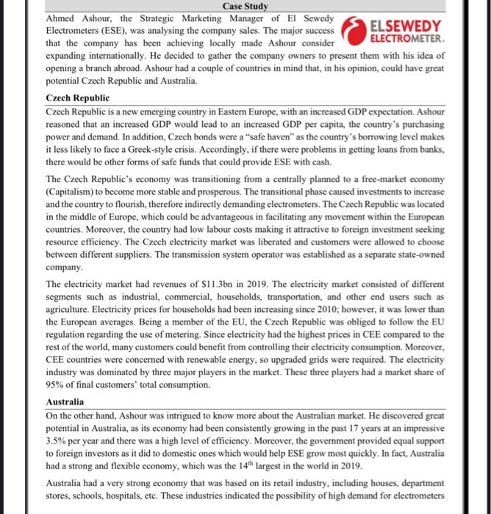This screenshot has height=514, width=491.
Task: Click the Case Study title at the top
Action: (245, 6)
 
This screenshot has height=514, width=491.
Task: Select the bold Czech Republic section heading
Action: (77, 98)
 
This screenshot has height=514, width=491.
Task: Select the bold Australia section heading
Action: (65, 402)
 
